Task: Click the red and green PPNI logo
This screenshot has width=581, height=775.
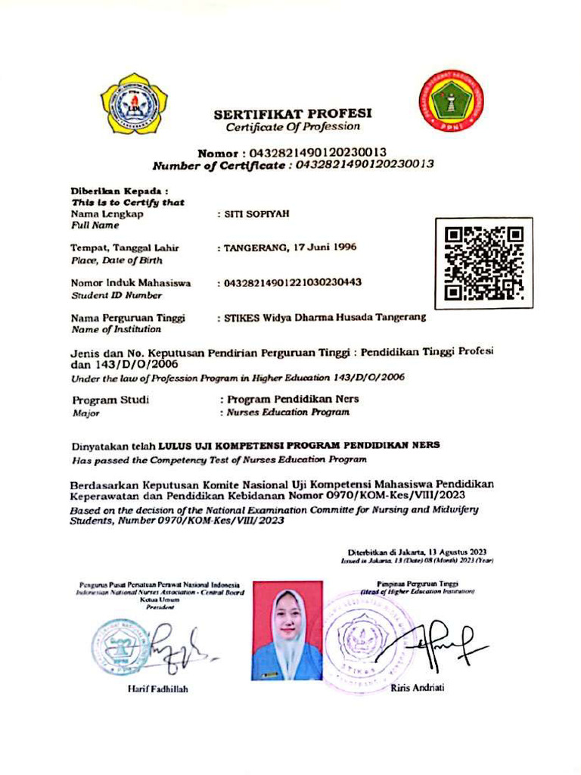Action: click(x=452, y=101)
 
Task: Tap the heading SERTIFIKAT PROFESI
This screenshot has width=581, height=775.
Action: click(x=293, y=114)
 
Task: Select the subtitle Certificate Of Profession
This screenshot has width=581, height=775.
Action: click(x=293, y=127)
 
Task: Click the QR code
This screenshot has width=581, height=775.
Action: click(x=484, y=263)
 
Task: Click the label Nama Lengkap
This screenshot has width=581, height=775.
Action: click(x=107, y=214)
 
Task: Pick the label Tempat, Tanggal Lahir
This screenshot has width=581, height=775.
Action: click(x=125, y=247)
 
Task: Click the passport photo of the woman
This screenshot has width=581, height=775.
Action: click(x=287, y=630)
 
